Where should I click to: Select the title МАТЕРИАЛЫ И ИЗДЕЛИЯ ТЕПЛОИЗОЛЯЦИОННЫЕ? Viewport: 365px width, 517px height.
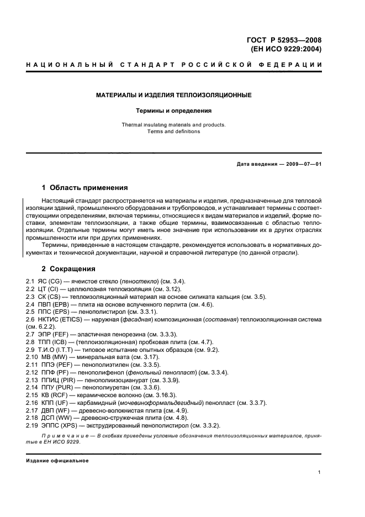pos(174,95)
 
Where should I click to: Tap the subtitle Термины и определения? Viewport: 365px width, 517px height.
pos(174,110)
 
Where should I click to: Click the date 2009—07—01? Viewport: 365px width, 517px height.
pos(303,164)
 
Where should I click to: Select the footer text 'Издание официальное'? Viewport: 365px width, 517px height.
pos(57,461)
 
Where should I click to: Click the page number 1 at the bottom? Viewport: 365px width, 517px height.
pos(320,472)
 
